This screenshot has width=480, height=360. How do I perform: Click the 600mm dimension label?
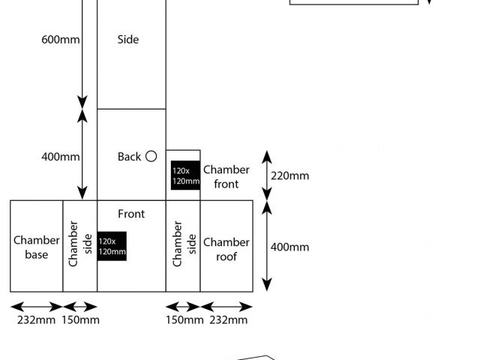(x=60, y=39)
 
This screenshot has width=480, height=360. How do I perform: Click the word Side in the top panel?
(x=128, y=39)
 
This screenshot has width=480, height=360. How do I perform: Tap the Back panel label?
(x=129, y=157)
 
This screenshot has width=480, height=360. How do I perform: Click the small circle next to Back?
(x=151, y=156)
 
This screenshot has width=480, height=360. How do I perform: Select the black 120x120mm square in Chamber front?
(x=185, y=175)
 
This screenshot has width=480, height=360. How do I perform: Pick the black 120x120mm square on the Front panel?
(x=112, y=246)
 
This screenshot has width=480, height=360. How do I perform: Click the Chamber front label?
(x=226, y=176)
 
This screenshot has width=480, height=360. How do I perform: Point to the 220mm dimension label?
(x=289, y=176)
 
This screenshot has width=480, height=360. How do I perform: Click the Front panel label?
(x=131, y=214)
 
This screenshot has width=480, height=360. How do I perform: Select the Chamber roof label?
(x=226, y=249)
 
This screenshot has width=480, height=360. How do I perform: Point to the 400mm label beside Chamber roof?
(x=289, y=247)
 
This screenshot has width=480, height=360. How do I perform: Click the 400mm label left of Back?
(x=60, y=157)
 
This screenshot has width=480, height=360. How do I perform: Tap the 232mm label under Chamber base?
(x=35, y=320)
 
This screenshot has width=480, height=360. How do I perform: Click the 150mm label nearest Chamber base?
(x=79, y=320)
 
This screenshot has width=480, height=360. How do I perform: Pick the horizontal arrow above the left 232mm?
(x=36, y=306)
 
